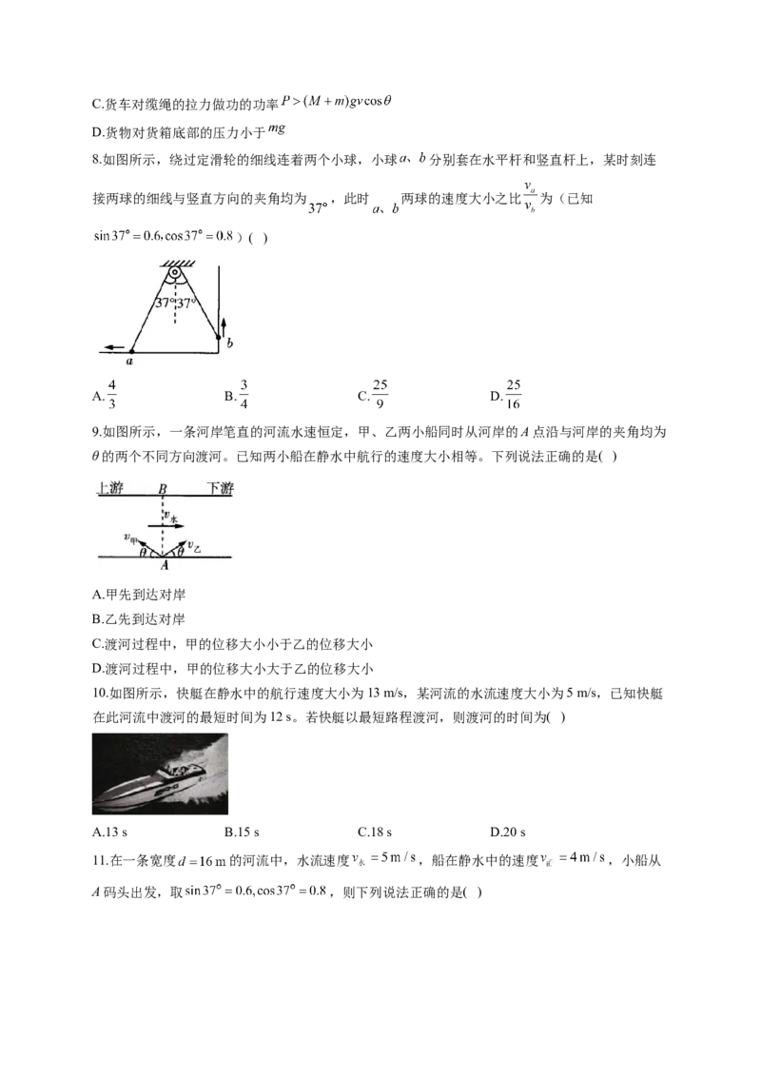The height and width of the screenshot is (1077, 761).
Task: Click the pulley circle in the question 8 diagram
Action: click(176, 273)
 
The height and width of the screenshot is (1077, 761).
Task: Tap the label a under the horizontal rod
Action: click(129, 361)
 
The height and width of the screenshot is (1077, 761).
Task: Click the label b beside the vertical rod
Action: click(229, 343)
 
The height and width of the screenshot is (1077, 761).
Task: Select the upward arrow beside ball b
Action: click(224, 326)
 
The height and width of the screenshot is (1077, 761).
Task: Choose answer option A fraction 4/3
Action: click(105, 395)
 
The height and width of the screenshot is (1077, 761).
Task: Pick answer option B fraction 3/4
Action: click(237, 395)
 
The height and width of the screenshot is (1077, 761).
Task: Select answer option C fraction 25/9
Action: click(373, 395)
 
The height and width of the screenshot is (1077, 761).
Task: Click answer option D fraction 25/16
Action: click(506, 395)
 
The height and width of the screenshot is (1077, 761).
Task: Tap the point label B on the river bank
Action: click(163, 489)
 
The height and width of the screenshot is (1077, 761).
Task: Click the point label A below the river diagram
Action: click(165, 565)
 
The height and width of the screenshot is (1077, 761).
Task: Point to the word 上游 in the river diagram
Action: click(110, 488)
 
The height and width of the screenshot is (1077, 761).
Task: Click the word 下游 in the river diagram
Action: click(220, 488)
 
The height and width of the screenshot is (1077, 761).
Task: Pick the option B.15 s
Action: click(242, 832)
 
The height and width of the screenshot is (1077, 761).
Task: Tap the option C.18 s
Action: click(375, 832)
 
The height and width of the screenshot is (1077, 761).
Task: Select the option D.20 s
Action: click(508, 832)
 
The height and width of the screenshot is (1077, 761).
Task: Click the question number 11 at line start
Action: click(98, 861)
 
